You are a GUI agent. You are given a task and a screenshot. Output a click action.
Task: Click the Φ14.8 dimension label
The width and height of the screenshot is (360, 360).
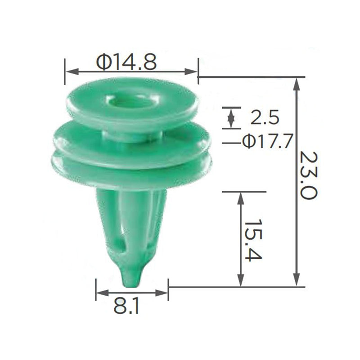click(x=126, y=62)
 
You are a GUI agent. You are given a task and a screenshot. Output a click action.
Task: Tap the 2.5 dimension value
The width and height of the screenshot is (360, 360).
click(x=265, y=118)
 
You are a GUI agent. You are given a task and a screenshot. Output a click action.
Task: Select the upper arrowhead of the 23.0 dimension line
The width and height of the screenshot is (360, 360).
click(x=296, y=82)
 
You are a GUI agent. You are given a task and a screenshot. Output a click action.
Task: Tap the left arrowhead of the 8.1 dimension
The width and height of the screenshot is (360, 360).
click(x=101, y=293)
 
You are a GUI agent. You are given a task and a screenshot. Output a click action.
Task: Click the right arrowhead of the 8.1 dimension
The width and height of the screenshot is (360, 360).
click(x=163, y=293)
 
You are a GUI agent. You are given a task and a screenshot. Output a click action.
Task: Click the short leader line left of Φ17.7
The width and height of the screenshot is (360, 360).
click(x=231, y=143)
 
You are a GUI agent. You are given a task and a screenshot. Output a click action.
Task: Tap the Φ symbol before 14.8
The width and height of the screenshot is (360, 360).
click(x=103, y=62)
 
